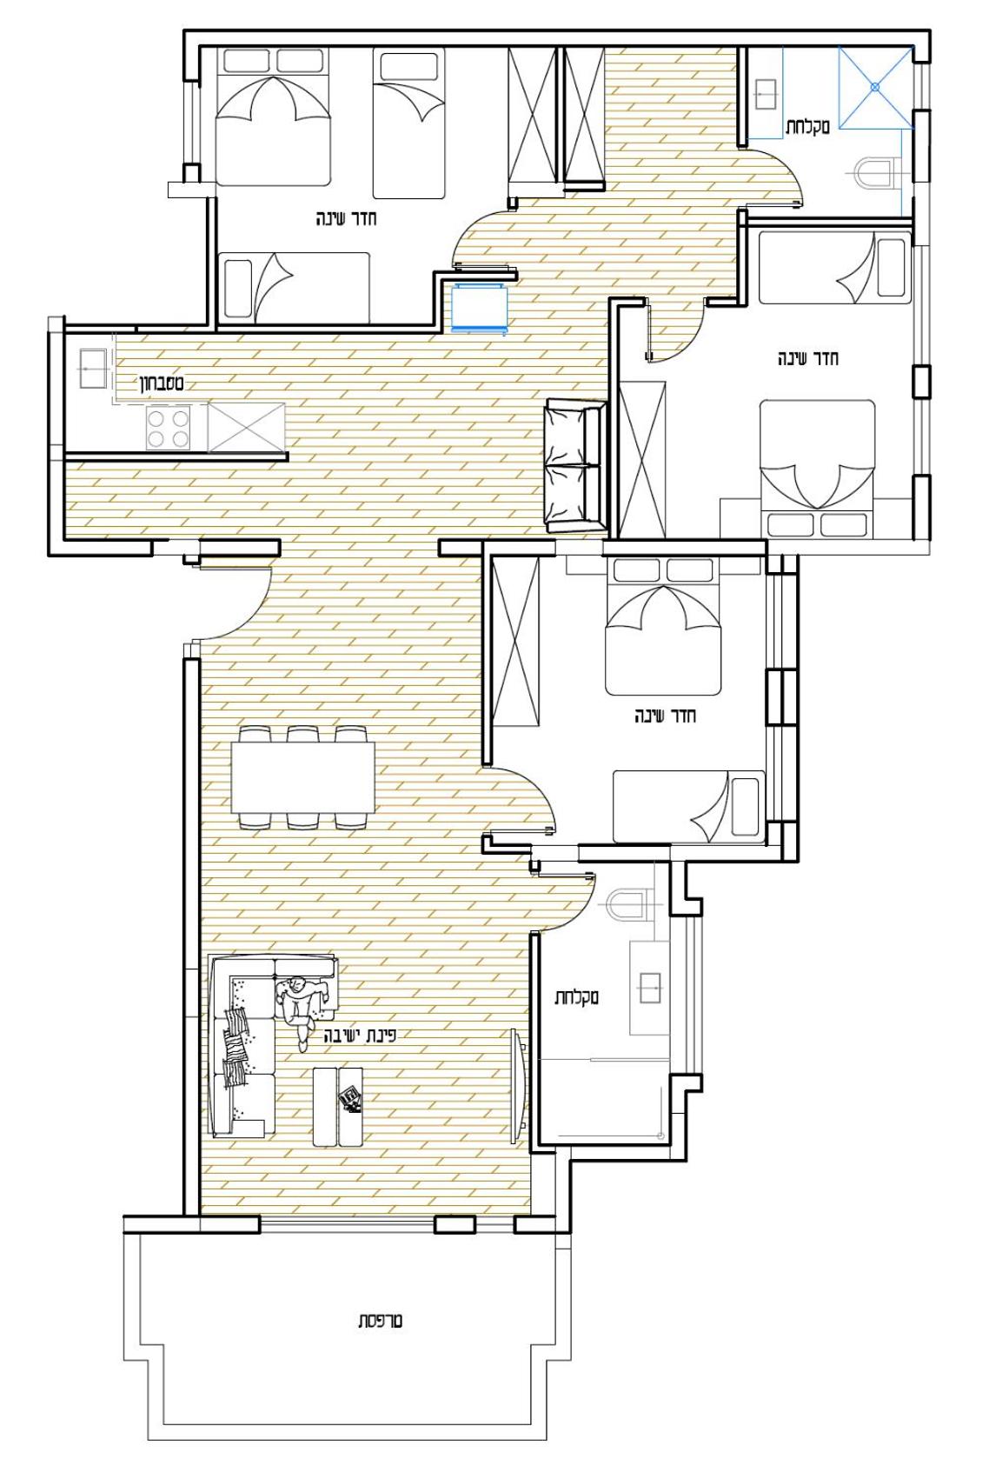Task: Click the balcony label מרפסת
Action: (x=380, y=1320)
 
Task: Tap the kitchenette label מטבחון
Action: (x=161, y=383)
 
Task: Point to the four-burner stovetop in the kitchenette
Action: (x=168, y=428)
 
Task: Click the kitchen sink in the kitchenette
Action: (x=93, y=369)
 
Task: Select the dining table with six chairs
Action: (x=302, y=776)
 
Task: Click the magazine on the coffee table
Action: (x=350, y=1100)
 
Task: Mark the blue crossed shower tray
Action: (x=875, y=87)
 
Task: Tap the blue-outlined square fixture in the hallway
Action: (x=480, y=309)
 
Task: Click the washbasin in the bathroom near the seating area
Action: (x=649, y=988)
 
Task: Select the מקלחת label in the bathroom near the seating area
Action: (x=576, y=997)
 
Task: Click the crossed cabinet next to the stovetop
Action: (x=247, y=427)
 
